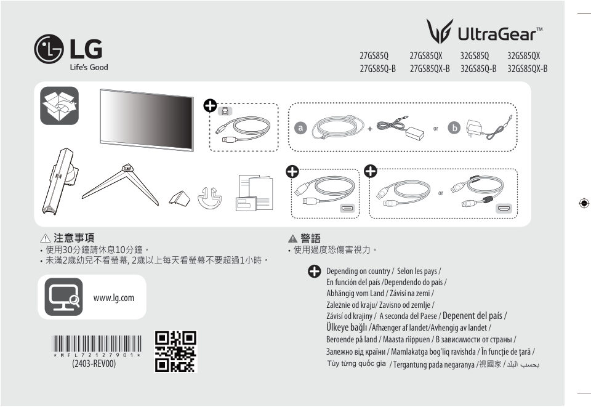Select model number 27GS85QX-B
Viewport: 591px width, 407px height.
tap(430, 68)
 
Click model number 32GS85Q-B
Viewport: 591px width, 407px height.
tap(478, 68)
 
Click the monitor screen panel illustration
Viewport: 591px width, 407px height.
tap(147, 117)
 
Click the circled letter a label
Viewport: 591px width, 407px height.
tap(300, 128)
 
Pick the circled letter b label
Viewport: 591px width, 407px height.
tap(454, 128)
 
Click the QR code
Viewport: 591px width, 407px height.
tap(175, 352)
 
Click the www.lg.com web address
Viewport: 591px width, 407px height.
tap(113, 298)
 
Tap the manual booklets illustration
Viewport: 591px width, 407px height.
tap(254, 193)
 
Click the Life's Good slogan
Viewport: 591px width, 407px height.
tap(89, 67)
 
